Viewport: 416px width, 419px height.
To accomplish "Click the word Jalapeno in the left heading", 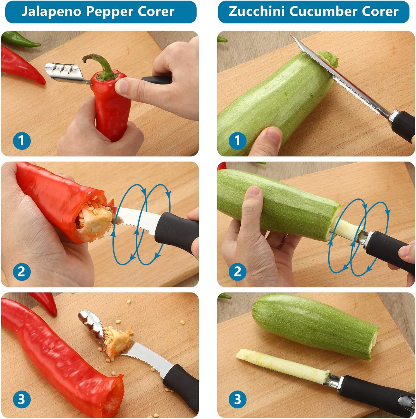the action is pos(51,11).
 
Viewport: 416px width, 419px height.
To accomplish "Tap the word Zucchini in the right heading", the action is pos(256,11).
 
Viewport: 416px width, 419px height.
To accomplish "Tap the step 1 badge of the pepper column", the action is pos(21,140).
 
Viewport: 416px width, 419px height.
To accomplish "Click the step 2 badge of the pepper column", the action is pos(21,271).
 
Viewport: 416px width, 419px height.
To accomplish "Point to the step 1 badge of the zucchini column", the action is pos(237,140).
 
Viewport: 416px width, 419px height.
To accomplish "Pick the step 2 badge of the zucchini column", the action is pos(237,271).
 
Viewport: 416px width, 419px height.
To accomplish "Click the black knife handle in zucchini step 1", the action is pos(403,126).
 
